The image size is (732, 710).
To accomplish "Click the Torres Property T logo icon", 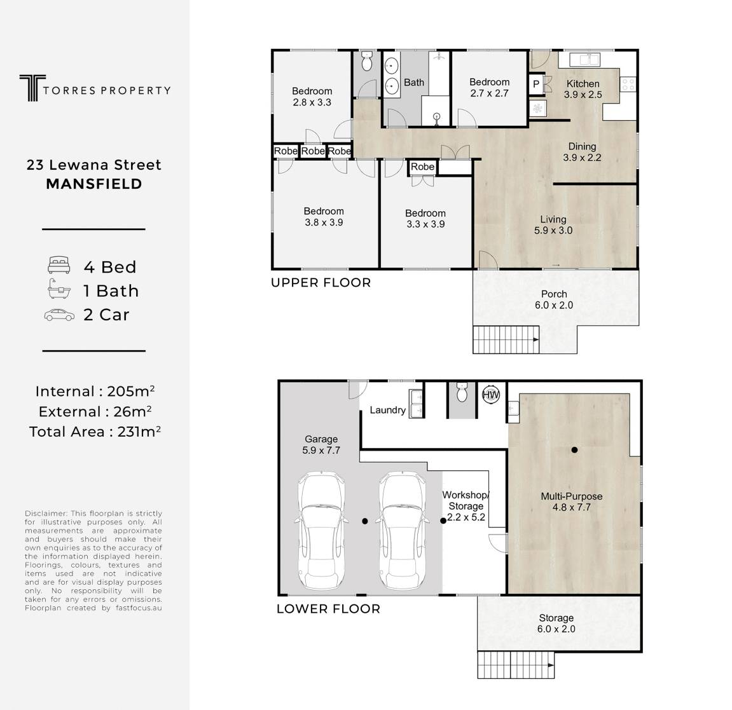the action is point(32,88).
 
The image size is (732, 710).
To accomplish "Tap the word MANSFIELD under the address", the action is point(94,184).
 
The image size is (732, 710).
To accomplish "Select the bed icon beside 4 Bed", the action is point(59,265).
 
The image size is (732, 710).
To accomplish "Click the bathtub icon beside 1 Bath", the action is point(59,289).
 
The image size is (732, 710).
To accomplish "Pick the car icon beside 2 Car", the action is point(59,315).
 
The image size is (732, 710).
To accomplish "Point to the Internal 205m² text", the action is point(95,391).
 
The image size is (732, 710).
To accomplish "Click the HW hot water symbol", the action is point(490,395).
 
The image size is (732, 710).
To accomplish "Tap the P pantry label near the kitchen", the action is point(536,85).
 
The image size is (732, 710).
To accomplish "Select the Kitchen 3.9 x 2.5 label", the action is point(583,89).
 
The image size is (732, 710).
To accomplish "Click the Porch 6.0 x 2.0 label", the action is point(554,299).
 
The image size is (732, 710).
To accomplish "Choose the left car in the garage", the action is point(322,530).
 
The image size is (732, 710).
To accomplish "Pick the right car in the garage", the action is point(403,530).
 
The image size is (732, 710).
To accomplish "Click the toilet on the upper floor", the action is point(367,61).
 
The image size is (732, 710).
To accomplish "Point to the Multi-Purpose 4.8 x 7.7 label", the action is point(571,502).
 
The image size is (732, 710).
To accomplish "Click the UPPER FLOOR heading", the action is point(321,283).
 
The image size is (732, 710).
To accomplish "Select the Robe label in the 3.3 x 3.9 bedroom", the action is point(422,167).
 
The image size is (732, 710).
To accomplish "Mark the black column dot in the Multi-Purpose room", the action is point(574,449).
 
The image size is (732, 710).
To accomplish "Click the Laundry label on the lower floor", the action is point(387,410).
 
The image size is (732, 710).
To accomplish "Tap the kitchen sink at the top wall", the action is point(583,60).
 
